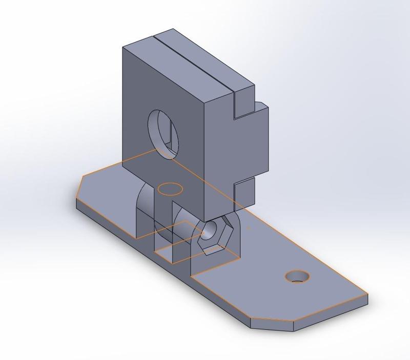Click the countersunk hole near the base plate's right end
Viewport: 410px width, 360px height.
click(x=297, y=277)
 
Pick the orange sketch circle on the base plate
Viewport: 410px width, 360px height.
click(x=170, y=189)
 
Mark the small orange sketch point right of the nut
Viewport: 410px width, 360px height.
click(x=249, y=227)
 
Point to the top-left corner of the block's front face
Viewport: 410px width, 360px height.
click(x=123, y=48)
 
